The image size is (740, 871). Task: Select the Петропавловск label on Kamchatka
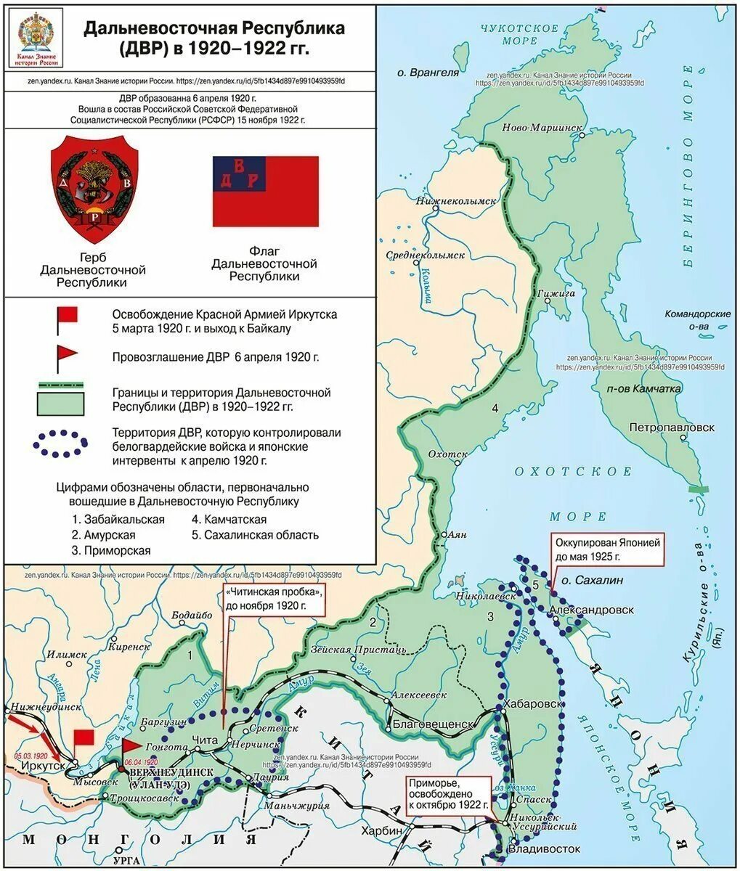pyautogui.click(x=672, y=428)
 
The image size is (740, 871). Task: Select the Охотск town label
pyautogui.click(x=448, y=454)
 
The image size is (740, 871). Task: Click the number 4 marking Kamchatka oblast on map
pyautogui.click(x=495, y=409)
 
